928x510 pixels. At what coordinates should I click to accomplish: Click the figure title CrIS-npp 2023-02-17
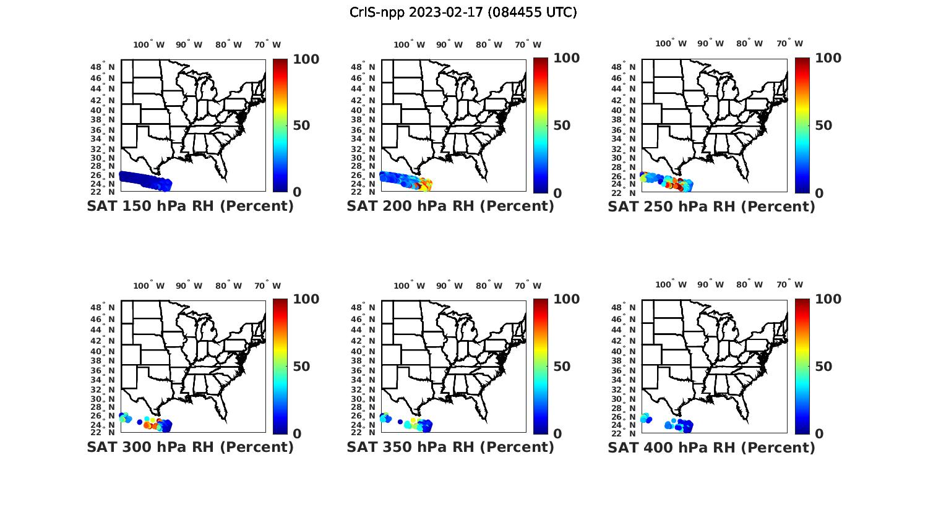point(463,12)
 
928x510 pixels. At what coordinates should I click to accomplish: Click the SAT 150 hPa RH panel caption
point(191,206)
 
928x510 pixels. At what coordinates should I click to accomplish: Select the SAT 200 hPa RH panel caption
point(450,206)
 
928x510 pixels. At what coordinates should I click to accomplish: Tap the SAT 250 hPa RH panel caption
point(711,206)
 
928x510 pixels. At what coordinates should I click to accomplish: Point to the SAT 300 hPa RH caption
point(191,447)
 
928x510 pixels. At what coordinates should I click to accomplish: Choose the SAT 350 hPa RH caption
point(450,447)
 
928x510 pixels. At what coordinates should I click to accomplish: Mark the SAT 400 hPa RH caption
point(711,447)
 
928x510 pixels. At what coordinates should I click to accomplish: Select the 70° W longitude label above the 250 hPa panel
point(790,43)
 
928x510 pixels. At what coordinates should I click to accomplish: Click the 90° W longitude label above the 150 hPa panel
point(189,45)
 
